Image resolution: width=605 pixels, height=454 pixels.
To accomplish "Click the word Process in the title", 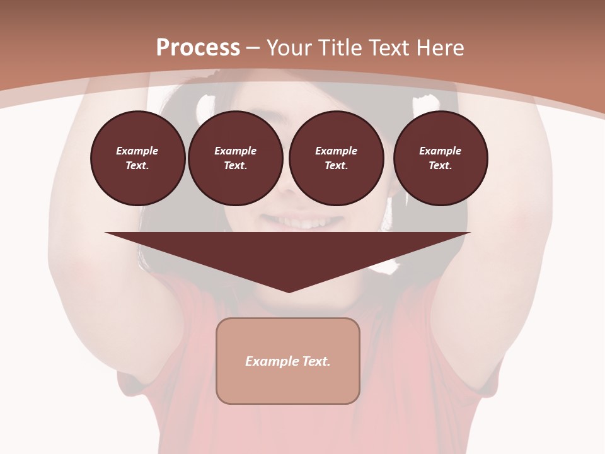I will tap(198, 48).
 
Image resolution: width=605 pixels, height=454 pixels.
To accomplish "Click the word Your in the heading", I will tap(290, 48).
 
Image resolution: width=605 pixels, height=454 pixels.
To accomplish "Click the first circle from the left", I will tap(137, 158).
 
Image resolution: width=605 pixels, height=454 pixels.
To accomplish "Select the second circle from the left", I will tap(235, 158).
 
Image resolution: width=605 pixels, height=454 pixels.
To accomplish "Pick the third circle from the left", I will tap(336, 158).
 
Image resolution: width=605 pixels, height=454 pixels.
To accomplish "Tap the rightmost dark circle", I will tap(441, 158).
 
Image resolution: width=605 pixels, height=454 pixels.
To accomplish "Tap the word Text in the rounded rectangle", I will tap(316, 361).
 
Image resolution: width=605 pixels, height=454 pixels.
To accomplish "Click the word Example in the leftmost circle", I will tap(137, 151).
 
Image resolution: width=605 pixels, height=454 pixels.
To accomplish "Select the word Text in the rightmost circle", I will tap(441, 166).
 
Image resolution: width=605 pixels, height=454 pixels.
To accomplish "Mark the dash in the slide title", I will tap(253, 48).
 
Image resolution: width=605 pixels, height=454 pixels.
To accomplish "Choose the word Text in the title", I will tap(391, 48).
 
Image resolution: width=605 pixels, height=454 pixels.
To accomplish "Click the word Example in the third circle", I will tap(336, 151).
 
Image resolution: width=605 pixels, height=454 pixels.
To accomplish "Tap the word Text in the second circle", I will tap(235, 166).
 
